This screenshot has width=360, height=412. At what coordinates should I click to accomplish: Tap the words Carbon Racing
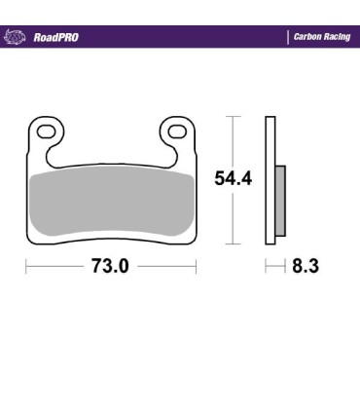tap(322, 37)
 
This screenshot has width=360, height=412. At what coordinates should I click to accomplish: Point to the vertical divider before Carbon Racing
tap(289, 37)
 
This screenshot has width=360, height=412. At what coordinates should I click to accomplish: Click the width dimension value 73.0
tap(110, 266)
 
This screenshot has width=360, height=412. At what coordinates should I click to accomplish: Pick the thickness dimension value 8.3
tap(306, 266)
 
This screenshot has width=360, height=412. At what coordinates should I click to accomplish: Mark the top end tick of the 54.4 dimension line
tap(232, 116)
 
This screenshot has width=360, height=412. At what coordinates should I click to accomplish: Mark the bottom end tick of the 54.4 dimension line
tap(232, 243)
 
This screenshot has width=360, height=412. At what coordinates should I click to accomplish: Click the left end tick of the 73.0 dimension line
tap(26, 266)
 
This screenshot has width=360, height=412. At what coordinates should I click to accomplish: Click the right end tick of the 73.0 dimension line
tap(197, 266)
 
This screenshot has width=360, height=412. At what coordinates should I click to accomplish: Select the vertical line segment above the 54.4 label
tap(232, 141)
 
